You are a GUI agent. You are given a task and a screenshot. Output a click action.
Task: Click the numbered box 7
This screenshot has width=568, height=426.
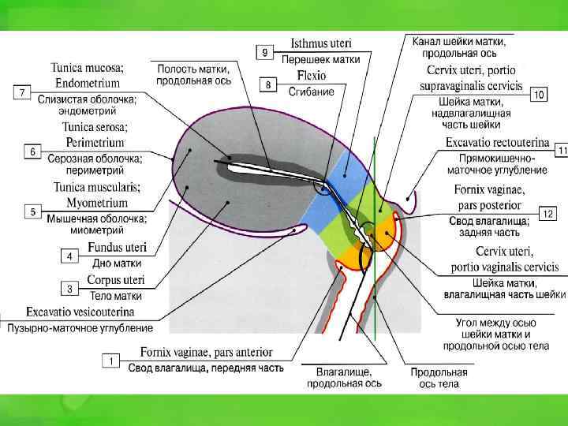click(23, 93)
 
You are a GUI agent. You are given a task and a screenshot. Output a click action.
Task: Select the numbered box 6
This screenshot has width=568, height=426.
click(32, 151)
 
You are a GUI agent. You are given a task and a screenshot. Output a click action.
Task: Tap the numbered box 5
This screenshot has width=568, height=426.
click(32, 212)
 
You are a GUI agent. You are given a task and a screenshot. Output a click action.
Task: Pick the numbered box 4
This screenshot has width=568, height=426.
click(70, 256)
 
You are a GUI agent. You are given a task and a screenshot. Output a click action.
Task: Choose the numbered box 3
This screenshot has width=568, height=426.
click(70, 289)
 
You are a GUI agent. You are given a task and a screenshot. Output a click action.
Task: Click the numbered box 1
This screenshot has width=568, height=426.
click(111, 361)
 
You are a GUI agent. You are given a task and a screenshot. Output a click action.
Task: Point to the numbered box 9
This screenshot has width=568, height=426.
click(265, 53)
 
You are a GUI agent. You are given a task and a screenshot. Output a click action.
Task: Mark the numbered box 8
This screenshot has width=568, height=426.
click(268, 84)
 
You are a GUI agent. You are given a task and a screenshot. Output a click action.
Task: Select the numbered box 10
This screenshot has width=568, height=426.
click(540, 95)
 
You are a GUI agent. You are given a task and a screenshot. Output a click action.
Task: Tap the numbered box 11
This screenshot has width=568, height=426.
click(561, 150)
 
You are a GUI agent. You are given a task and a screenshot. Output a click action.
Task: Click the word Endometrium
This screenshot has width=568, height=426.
click(88, 82)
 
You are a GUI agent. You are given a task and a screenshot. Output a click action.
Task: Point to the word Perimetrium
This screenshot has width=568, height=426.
click(90, 142)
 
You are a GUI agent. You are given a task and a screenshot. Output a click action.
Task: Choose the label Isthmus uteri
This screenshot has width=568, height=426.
click(320, 44)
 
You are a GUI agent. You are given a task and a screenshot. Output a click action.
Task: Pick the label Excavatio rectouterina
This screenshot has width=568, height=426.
click(497, 143)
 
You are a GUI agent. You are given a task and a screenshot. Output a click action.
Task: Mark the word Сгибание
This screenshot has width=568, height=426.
click(310, 92)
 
